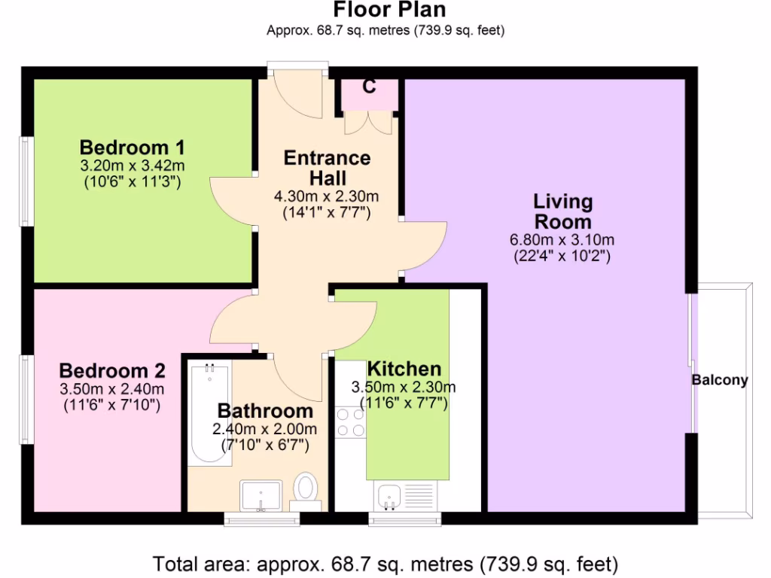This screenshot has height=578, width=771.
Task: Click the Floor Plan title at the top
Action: coord(389,10)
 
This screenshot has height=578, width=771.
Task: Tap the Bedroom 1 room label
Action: coord(132,147)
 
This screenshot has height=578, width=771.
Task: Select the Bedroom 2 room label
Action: coord(112,371)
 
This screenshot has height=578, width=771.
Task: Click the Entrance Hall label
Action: coord(327,168)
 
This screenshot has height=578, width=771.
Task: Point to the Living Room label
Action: coord(562,211)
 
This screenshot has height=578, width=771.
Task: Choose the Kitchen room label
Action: coord(404,369)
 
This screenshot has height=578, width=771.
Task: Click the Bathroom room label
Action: coord(265,411)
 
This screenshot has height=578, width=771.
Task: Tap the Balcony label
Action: coord(720,380)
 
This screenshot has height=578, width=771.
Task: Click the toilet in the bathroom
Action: coord(305,487)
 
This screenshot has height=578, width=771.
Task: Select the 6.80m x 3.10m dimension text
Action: coord(562,241)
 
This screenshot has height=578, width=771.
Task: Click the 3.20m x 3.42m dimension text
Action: coord(132,166)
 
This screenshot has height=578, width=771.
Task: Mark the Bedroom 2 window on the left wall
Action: coord(26,399)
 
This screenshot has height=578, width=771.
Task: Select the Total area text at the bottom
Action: coord(385,563)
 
